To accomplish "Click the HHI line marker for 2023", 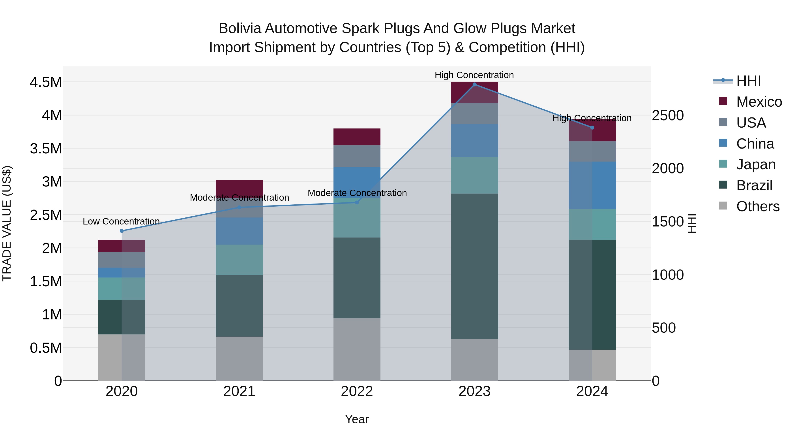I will click(x=474, y=84).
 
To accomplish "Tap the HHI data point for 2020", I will click(x=122, y=231).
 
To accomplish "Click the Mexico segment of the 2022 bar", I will click(x=357, y=137).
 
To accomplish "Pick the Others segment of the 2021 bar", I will click(x=239, y=358).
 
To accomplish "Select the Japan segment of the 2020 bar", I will click(x=122, y=289).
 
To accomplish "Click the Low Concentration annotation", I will click(x=121, y=221).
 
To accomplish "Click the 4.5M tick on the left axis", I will click(x=46, y=82).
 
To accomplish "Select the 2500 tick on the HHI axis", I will click(x=668, y=116).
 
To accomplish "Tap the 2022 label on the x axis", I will click(x=357, y=391).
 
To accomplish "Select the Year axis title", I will click(x=357, y=419).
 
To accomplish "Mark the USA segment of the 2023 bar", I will click(x=474, y=113).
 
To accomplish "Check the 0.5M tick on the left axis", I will click(x=46, y=348).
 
